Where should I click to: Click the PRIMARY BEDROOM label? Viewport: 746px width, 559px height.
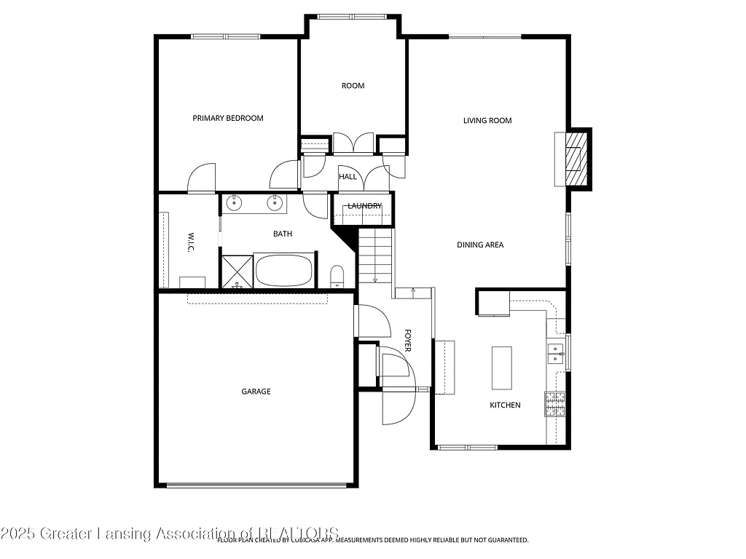pyautogui.click(x=227, y=118)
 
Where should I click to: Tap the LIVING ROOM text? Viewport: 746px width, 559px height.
pyautogui.click(x=487, y=121)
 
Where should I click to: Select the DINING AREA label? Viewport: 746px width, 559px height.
pyautogui.click(x=480, y=245)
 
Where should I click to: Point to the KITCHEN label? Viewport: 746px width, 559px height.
pyautogui.click(x=505, y=405)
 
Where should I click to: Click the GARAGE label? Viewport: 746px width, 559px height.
pyautogui.click(x=256, y=392)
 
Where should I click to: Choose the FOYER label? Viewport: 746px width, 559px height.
pyautogui.click(x=407, y=340)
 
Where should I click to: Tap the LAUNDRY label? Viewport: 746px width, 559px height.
pyautogui.click(x=364, y=206)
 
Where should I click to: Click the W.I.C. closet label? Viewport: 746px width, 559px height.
pyautogui.click(x=189, y=242)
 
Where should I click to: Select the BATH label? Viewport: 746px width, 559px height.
pyautogui.click(x=283, y=234)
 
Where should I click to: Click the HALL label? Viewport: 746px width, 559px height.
pyautogui.click(x=348, y=177)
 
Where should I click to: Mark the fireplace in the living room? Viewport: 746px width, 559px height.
pyautogui.click(x=576, y=158)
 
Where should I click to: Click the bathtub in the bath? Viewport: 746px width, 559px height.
pyautogui.click(x=283, y=270)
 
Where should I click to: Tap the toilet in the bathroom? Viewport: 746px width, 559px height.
pyautogui.click(x=337, y=277)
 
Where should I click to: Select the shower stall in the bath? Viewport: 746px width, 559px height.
pyautogui.click(x=236, y=271)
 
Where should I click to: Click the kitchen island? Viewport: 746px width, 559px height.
pyautogui.click(x=501, y=368)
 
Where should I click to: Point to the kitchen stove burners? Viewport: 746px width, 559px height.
pyautogui.click(x=555, y=403)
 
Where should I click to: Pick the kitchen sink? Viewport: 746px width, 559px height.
pyautogui.click(x=556, y=353)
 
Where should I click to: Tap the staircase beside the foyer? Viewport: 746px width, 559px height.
pyautogui.click(x=374, y=255)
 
